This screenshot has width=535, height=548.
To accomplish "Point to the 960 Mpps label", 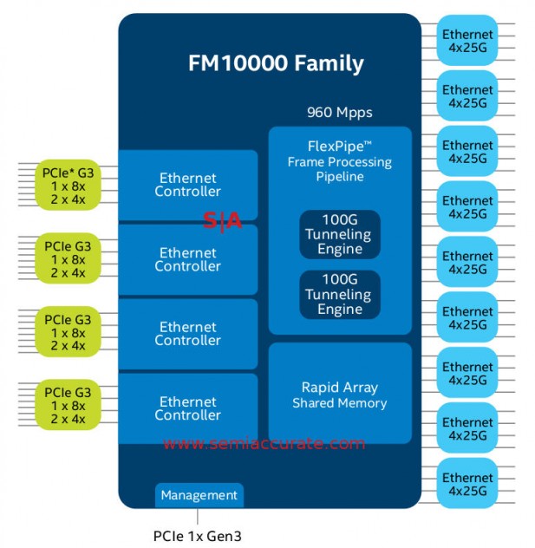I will click(x=339, y=113).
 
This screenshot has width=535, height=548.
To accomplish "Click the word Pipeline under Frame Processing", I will click(x=339, y=176).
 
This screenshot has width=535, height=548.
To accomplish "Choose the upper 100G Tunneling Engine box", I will click(x=339, y=235).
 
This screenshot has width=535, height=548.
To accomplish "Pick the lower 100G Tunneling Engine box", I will click(x=339, y=296).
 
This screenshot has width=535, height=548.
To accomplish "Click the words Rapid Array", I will click(x=339, y=388).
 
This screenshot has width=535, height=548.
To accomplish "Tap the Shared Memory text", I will click(x=339, y=403).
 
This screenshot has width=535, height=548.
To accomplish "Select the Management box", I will click(x=199, y=495).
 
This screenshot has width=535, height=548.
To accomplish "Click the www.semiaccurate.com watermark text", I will click(x=264, y=444).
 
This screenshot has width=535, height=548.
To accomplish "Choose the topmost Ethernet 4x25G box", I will click(x=467, y=41).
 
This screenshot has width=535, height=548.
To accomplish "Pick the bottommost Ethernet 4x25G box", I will click(x=467, y=485).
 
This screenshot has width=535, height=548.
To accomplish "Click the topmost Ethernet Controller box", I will click(x=187, y=185).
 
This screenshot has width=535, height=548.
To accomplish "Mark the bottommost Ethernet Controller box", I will click(x=187, y=408).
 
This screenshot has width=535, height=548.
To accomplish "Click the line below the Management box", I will click(x=199, y=516).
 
